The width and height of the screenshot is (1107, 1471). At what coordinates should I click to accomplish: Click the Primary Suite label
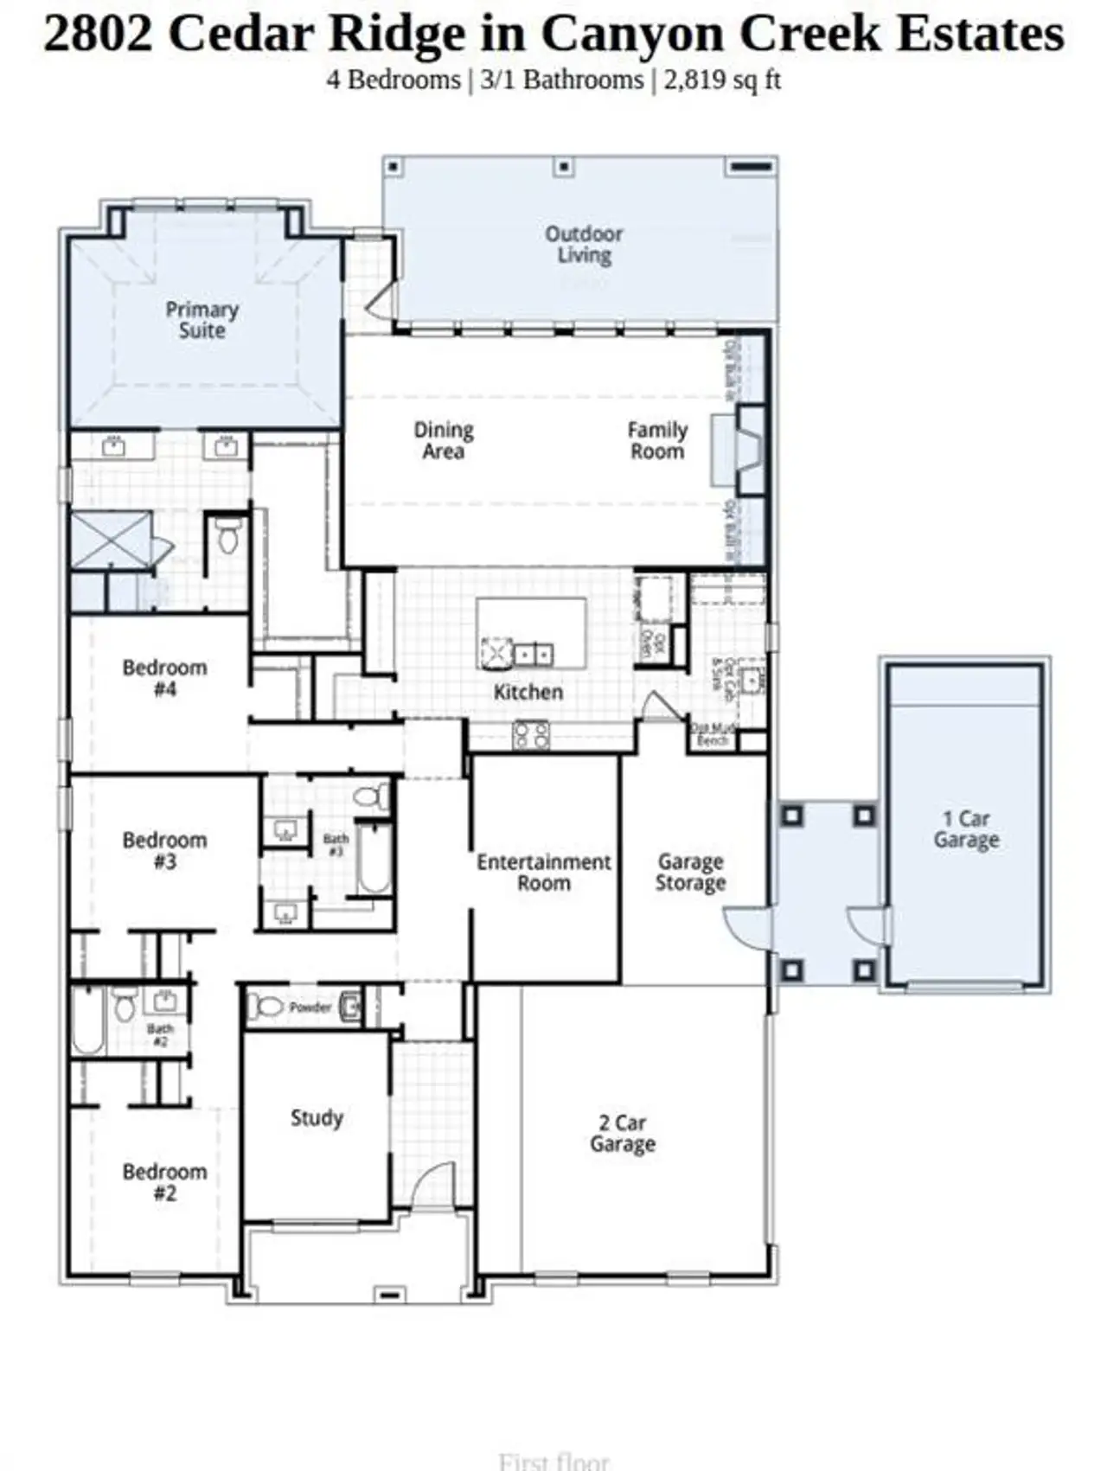click(202, 320)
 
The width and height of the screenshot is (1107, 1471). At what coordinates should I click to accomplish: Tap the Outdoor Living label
click(584, 245)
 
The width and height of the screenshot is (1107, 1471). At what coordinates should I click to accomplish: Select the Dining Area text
click(443, 440)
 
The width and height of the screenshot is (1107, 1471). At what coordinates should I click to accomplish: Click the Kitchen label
click(528, 692)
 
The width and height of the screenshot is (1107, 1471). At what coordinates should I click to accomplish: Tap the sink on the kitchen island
click(534, 654)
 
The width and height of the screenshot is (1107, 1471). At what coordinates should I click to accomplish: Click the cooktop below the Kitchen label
click(531, 735)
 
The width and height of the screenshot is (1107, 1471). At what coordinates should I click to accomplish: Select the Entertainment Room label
click(544, 872)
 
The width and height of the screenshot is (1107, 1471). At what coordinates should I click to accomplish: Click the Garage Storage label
click(690, 872)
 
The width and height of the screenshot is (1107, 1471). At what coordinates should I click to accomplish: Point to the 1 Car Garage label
click(966, 829)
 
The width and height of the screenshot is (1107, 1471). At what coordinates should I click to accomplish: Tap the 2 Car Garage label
click(623, 1133)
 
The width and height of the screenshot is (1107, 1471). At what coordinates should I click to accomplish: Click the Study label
click(317, 1117)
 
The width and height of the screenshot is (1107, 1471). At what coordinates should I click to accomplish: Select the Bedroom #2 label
click(164, 1182)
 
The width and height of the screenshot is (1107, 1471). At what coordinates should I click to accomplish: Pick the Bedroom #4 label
click(164, 678)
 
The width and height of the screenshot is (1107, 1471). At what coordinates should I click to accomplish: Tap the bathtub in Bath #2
click(87, 1021)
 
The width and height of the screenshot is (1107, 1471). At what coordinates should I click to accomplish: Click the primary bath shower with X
click(111, 540)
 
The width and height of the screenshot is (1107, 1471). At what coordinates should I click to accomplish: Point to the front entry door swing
click(432, 1184)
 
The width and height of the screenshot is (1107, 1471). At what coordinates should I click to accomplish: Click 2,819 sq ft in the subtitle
click(723, 80)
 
